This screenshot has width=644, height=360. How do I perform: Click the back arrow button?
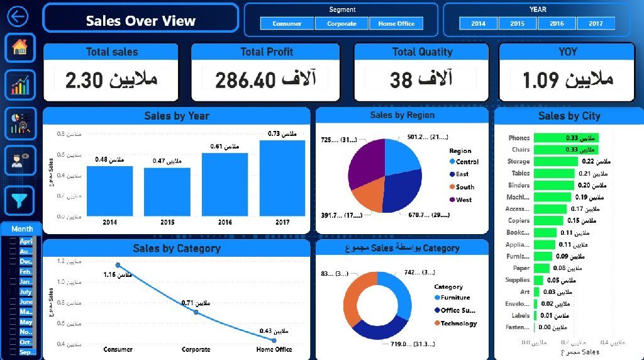pos(18,16)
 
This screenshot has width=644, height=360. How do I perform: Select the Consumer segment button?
pos(287,24)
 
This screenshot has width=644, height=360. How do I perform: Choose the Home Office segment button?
pos(396,24)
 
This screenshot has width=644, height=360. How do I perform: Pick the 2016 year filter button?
pos(557,24)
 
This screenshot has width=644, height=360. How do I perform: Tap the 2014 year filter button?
pos(479,24)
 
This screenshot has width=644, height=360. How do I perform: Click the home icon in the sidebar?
pos(20,47)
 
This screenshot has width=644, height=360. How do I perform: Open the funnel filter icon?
pos(20,200)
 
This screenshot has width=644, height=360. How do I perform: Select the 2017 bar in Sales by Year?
pos(282,178)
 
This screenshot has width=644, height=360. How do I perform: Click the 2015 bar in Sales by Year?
pos(167,192)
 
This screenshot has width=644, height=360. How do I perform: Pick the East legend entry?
pos(462,174)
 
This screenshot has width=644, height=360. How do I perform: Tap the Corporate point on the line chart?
pos(196,312)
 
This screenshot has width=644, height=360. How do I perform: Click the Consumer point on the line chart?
pos(118,265)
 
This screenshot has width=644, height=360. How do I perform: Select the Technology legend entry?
pos(458,323)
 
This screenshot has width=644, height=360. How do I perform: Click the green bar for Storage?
pos(555,162)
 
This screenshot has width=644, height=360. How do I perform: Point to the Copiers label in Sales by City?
pos(519,221)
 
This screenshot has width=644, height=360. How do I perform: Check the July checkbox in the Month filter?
pos(13,292)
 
